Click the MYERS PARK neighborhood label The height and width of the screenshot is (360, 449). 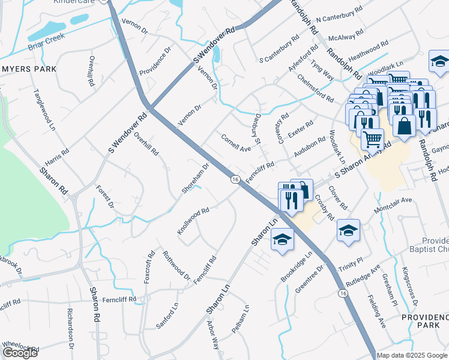[x=28, y=69]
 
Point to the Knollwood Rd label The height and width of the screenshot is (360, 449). [x=193, y=221]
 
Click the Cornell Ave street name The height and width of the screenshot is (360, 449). [x=236, y=143]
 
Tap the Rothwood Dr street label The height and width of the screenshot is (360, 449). [x=176, y=266]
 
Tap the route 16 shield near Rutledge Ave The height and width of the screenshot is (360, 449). [x=342, y=293]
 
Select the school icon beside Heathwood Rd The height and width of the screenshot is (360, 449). [x=439, y=62]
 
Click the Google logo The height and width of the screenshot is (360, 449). [x=20, y=352]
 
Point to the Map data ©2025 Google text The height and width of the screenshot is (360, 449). [x=412, y=355]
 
